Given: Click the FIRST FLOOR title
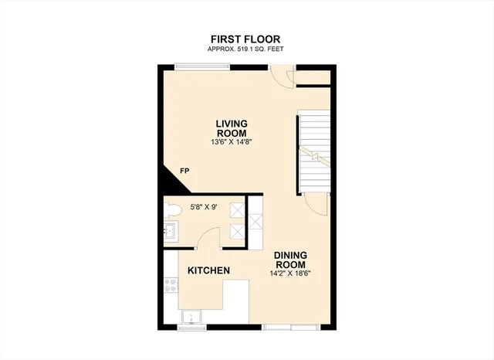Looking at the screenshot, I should point(245,39).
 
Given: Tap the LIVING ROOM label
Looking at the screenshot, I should point(231,128).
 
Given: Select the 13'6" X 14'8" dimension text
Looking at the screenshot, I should point(231,142).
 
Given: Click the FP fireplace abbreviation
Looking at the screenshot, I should point(184,171).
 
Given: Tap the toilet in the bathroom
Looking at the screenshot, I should point(174,209).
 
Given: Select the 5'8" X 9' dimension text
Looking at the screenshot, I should point(205,205).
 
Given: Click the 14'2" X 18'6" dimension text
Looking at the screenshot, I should point(290,273).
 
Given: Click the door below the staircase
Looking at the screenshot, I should point(315,204).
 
